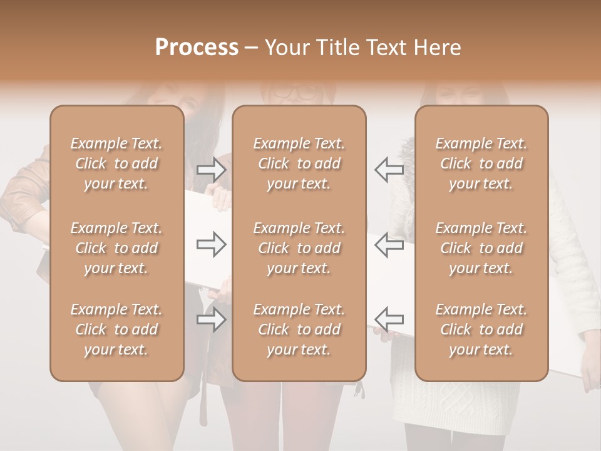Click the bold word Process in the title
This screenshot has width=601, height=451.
197,48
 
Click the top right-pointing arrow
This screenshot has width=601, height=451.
212,169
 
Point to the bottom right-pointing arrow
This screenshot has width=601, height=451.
212,319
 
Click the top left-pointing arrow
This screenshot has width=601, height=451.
389,169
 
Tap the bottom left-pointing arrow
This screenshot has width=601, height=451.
389,319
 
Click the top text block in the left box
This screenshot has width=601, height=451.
116,163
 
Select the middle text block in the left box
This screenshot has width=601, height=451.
116,248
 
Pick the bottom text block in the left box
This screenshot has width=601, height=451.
116,329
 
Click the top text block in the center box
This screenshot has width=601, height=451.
299,163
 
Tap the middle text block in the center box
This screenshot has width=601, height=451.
299,248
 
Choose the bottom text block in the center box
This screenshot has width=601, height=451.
299,329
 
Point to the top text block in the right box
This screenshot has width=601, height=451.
481,163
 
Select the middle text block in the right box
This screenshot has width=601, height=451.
481,248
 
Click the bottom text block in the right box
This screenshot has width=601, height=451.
481,329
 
